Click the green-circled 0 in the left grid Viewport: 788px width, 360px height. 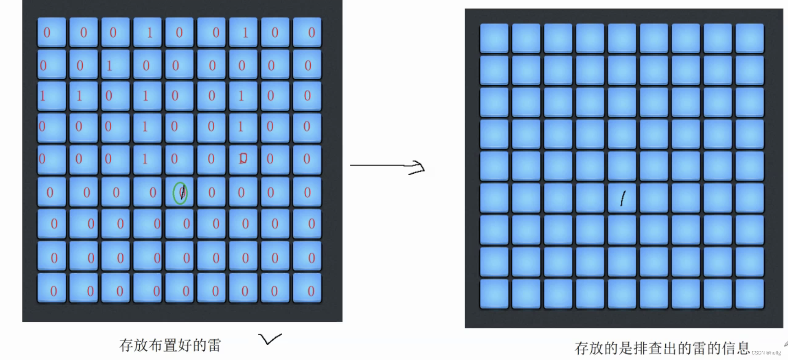point(180,193)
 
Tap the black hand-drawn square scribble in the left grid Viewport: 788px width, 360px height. point(243,158)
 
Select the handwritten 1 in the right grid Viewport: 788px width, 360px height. point(623,198)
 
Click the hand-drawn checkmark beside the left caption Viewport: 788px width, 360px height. point(269,339)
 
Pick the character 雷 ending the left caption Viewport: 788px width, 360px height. point(214,345)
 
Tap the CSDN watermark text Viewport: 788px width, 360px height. point(766,353)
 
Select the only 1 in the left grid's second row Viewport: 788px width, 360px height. point(109,66)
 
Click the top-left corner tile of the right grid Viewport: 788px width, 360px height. point(494,38)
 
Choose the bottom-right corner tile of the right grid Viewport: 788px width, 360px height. point(749,293)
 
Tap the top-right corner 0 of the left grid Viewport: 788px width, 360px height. point(311,33)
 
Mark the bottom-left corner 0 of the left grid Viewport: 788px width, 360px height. point(53,291)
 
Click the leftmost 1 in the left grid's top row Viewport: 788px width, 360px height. point(149,33)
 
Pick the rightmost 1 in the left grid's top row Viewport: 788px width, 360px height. point(246,33)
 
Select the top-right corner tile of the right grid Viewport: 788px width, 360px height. point(749,38)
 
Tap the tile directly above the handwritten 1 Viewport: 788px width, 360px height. point(622,166)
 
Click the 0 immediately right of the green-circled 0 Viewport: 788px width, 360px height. point(211,193)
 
